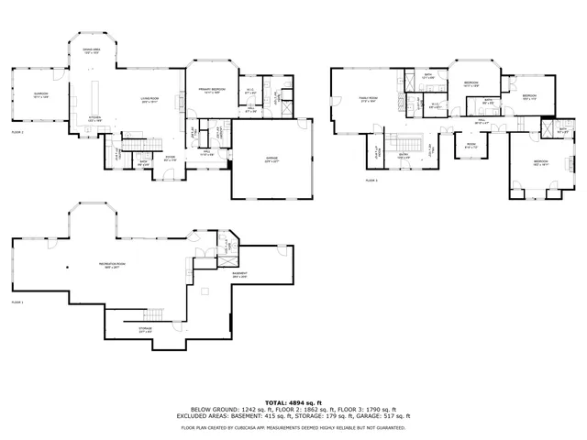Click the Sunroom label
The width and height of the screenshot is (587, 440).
(x=40, y=94)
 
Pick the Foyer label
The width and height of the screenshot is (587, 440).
(x=170, y=158)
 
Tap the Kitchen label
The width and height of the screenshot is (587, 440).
(x=94, y=117)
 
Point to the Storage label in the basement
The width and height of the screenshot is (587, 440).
(x=145, y=330)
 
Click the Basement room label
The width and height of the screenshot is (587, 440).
(x=239, y=274)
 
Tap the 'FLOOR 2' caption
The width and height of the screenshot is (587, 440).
(x=17, y=133)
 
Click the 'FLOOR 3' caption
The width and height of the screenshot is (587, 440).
(x=371, y=181)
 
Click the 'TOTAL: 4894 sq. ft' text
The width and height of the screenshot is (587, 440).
(x=293, y=402)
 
